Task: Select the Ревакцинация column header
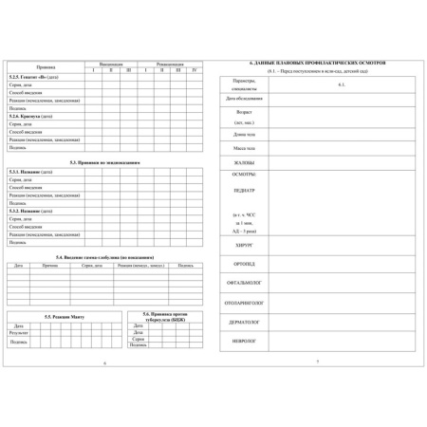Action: point(168,63)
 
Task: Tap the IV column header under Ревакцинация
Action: point(195,69)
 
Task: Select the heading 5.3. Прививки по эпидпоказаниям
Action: point(104,162)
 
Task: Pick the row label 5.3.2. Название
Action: point(30,210)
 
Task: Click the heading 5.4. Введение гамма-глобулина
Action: point(104,256)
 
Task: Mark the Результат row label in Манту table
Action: point(19,333)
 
